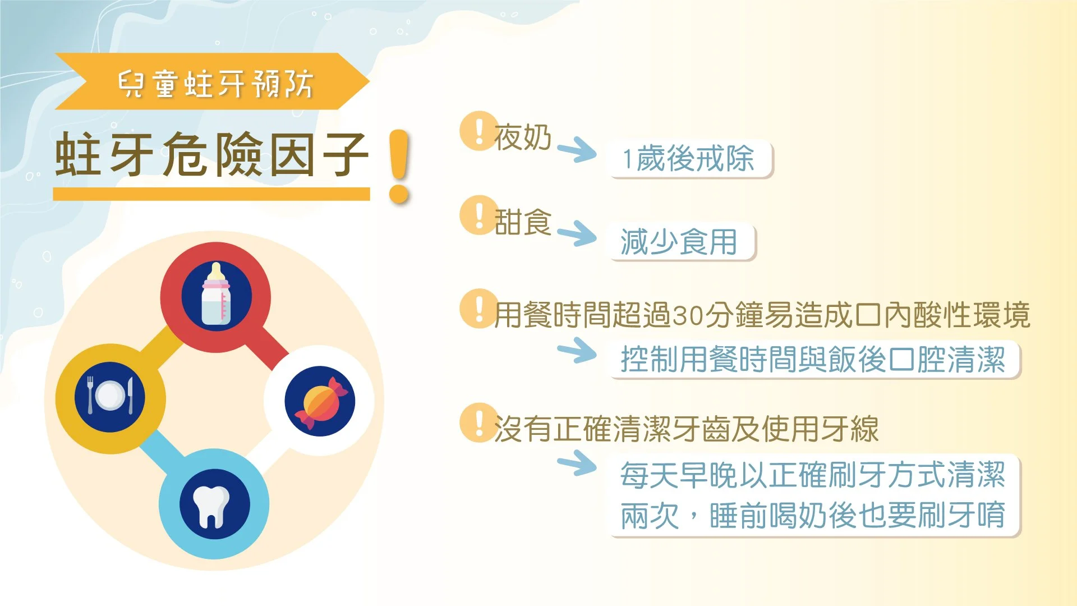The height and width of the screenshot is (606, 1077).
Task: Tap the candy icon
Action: [320, 401]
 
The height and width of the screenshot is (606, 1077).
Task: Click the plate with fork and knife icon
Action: [110, 396]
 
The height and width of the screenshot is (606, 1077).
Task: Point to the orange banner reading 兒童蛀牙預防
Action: [213, 82]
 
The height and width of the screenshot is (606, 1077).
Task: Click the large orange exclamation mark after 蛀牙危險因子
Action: [399, 166]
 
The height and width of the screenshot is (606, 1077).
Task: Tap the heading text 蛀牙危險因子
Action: [212, 154]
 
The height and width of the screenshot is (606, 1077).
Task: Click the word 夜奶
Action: [523, 137]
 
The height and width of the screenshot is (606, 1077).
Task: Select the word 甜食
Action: [523, 222]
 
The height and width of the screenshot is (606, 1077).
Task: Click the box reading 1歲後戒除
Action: [690, 159]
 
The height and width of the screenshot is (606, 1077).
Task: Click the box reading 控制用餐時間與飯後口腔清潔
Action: [813, 360]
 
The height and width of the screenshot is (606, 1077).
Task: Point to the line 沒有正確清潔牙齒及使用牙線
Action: [685, 429]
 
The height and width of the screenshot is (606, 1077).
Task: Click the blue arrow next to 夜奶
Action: [577, 149]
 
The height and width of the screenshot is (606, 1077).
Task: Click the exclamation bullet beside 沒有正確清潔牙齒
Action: [478, 423]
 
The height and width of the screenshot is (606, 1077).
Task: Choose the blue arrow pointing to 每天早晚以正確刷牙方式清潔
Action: [577, 463]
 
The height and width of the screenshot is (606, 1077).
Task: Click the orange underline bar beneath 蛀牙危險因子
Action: [211, 194]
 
